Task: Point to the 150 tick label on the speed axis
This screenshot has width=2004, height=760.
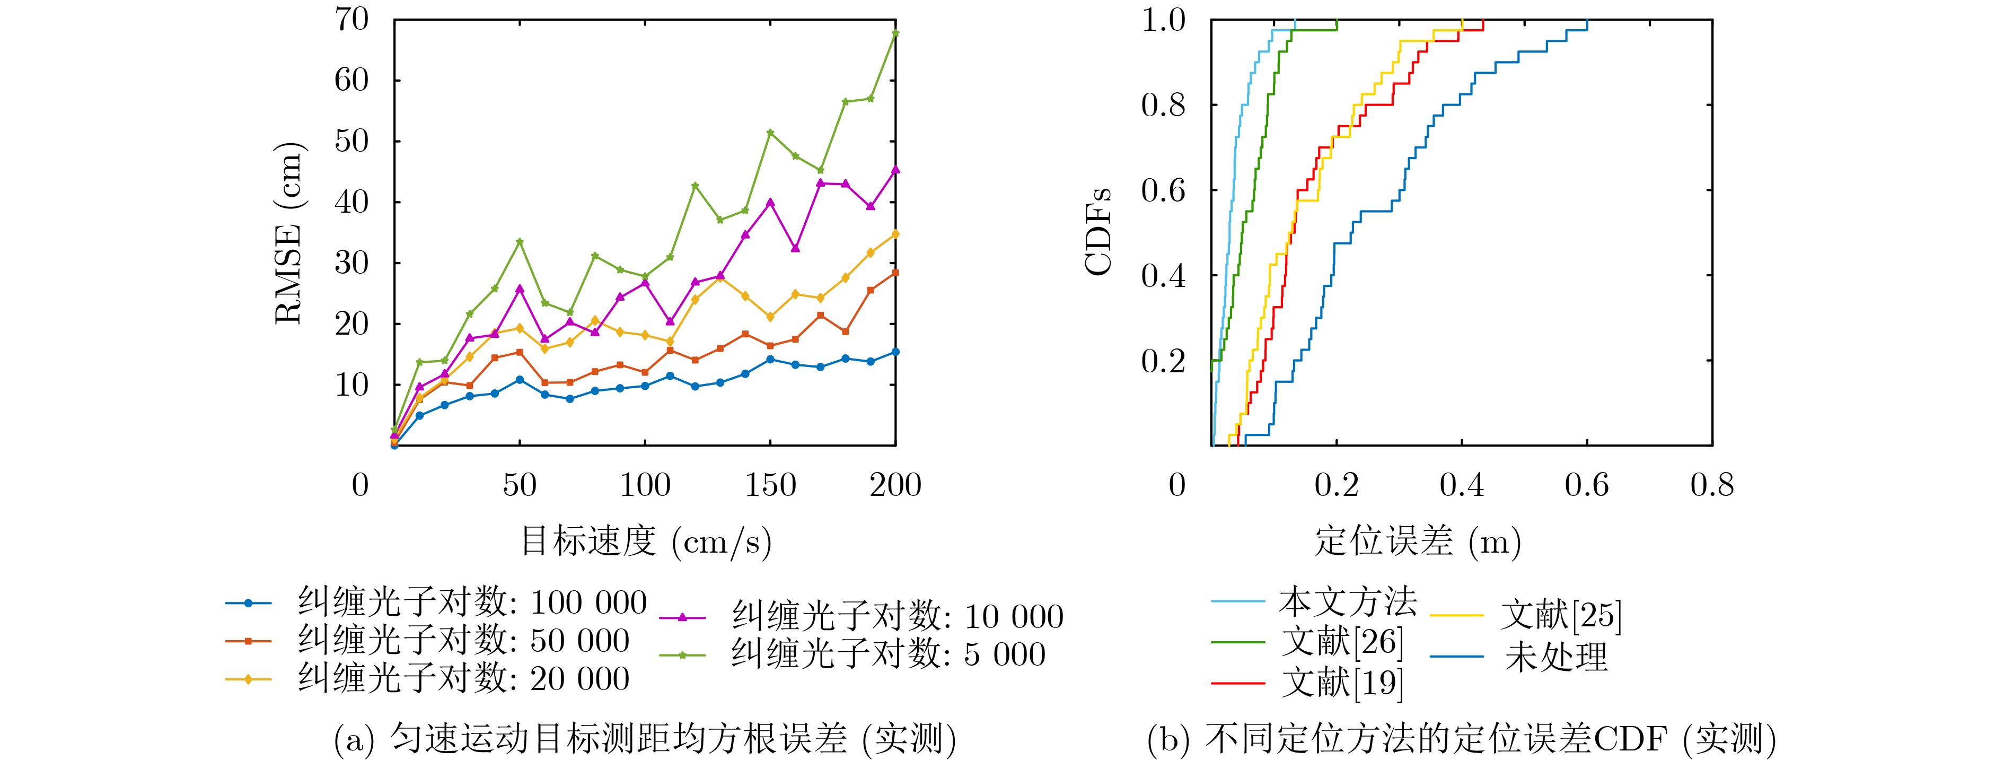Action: (x=770, y=485)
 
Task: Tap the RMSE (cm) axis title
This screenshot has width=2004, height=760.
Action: (x=290, y=233)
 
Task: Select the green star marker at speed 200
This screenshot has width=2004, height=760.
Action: (x=895, y=33)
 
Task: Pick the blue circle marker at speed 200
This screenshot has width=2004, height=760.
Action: (x=895, y=352)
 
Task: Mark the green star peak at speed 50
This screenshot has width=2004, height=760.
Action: (x=520, y=242)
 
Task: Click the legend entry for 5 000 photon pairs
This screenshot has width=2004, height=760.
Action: (x=887, y=655)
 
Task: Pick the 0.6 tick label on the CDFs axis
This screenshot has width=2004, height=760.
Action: (x=1163, y=190)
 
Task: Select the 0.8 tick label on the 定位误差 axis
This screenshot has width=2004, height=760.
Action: (x=1711, y=485)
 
